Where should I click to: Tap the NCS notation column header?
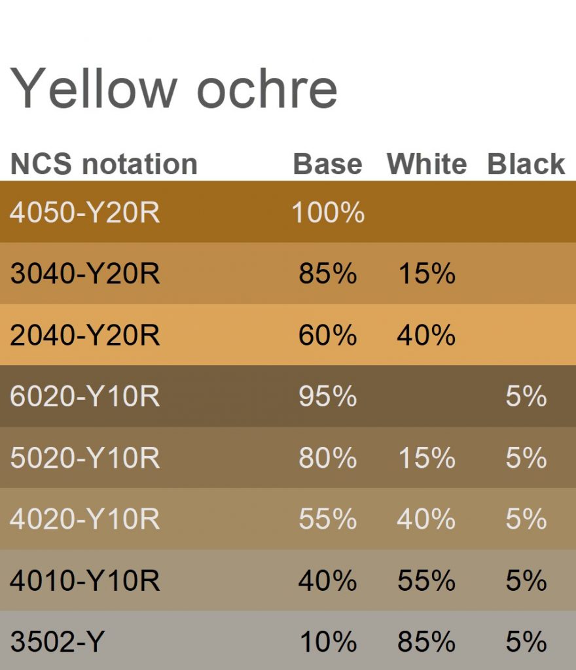click(104, 164)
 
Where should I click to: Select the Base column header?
click(328, 164)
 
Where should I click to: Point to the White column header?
click(427, 164)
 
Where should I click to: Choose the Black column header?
click(526, 164)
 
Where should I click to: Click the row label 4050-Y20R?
click(84, 212)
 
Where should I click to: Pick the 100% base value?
click(328, 212)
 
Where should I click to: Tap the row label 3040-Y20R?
click(84, 273)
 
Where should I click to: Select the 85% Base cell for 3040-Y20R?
click(328, 273)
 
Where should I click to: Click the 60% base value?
click(328, 334)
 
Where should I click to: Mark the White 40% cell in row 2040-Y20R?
click(427, 334)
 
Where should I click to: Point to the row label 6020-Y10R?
click(84, 396)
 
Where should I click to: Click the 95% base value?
click(328, 396)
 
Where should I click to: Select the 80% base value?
click(328, 457)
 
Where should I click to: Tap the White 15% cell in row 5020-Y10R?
click(427, 457)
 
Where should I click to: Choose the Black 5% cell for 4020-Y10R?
click(526, 519)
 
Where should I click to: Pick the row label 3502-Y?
click(57, 641)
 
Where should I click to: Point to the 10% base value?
click(328, 641)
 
